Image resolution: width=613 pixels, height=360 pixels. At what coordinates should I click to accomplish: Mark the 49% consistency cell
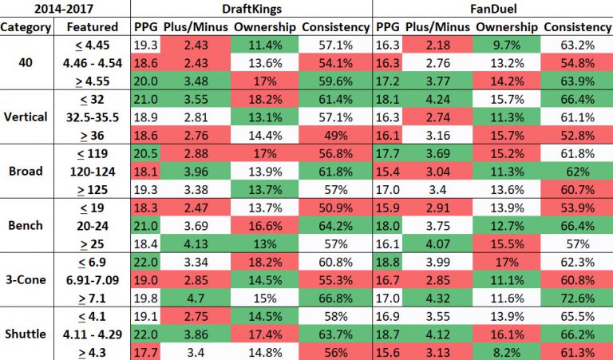tap(335, 133)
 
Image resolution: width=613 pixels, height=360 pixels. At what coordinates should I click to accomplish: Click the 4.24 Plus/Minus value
tap(437, 97)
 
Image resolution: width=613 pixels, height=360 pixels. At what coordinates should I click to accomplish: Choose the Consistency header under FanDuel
tap(575, 26)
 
